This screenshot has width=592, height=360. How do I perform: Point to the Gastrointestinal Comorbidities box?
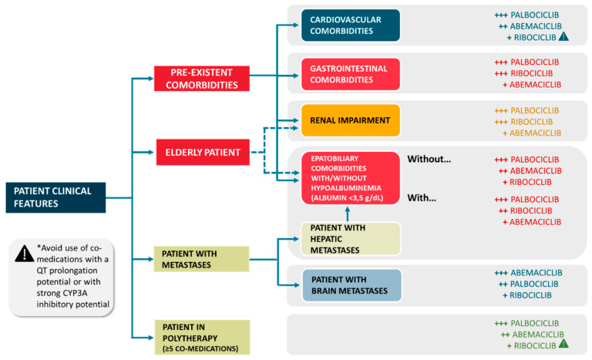coord(350,74)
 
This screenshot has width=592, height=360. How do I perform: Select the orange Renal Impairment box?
coord(350,120)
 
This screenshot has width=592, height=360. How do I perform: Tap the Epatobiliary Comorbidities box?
coord(350,177)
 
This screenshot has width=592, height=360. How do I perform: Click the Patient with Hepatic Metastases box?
coord(350,239)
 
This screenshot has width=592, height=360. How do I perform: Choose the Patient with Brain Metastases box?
coord(350,284)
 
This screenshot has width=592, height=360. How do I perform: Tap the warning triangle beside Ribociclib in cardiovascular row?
coord(563,36)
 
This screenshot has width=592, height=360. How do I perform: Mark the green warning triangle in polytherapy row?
coord(563,345)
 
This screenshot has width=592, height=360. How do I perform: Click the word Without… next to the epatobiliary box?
coord(429,159)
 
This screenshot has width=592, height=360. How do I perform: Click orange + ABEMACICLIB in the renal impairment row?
coord(531,133)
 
